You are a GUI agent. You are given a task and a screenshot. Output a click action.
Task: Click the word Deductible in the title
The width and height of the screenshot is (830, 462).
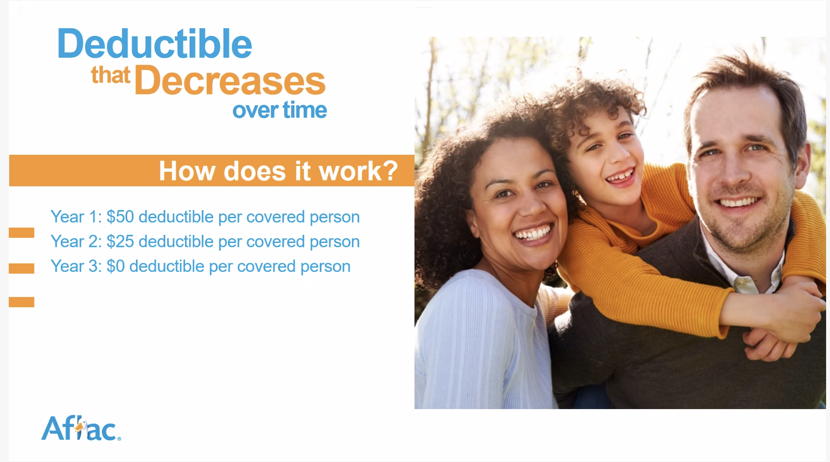(155, 44)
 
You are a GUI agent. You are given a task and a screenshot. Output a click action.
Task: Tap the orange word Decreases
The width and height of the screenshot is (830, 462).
(230, 80)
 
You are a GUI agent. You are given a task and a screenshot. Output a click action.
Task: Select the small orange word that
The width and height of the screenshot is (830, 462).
(110, 75)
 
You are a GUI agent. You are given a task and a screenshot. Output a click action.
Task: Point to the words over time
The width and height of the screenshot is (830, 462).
(280, 110)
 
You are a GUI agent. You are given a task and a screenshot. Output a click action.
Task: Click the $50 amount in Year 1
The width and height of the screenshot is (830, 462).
(120, 217)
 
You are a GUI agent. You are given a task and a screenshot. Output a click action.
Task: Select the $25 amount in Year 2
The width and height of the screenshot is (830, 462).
(120, 242)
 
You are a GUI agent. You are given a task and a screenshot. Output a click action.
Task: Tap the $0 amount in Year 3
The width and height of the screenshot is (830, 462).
(116, 266)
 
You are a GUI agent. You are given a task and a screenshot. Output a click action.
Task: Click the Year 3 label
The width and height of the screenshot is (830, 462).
(76, 266)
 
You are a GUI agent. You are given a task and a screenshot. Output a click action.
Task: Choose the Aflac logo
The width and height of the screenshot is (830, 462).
(81, 429)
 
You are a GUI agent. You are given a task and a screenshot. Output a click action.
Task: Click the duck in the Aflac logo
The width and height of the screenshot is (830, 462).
(81, 429)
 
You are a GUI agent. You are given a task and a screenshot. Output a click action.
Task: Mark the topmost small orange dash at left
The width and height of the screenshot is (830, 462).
(21, 232)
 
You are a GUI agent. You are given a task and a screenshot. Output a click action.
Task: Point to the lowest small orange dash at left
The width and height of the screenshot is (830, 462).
(21, 302)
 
